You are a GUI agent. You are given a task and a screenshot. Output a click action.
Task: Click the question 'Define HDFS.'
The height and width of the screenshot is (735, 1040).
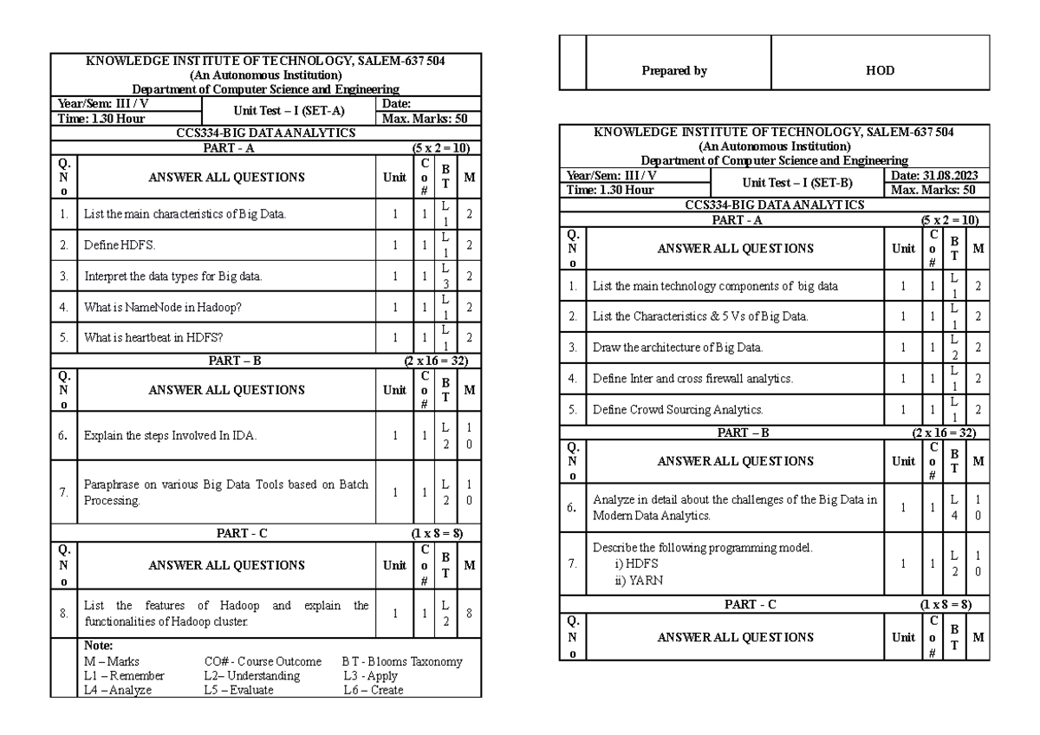[120, 245]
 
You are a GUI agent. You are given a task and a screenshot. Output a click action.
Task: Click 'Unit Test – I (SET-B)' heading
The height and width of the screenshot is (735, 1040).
[797, 182]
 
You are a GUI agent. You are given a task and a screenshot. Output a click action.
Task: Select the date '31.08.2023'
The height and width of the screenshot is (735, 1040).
[946, 175]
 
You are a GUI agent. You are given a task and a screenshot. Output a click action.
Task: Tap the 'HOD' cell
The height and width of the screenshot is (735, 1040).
[880, 72]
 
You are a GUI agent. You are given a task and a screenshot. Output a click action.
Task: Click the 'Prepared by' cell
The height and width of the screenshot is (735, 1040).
[674, 72]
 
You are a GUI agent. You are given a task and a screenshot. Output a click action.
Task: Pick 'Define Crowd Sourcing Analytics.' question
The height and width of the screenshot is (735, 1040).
[678, 408]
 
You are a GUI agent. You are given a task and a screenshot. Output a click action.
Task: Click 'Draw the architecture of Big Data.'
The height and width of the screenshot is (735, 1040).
[679, 348]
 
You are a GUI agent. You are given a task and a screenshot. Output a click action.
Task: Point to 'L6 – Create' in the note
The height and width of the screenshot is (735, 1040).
[374, 690]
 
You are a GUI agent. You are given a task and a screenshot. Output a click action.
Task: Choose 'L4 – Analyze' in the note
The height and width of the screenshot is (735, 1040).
[117, 690]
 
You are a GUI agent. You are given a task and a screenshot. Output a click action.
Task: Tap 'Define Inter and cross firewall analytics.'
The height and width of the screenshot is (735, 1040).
[692, 378]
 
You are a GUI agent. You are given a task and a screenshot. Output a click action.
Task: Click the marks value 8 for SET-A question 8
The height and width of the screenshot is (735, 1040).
[468, 613]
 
